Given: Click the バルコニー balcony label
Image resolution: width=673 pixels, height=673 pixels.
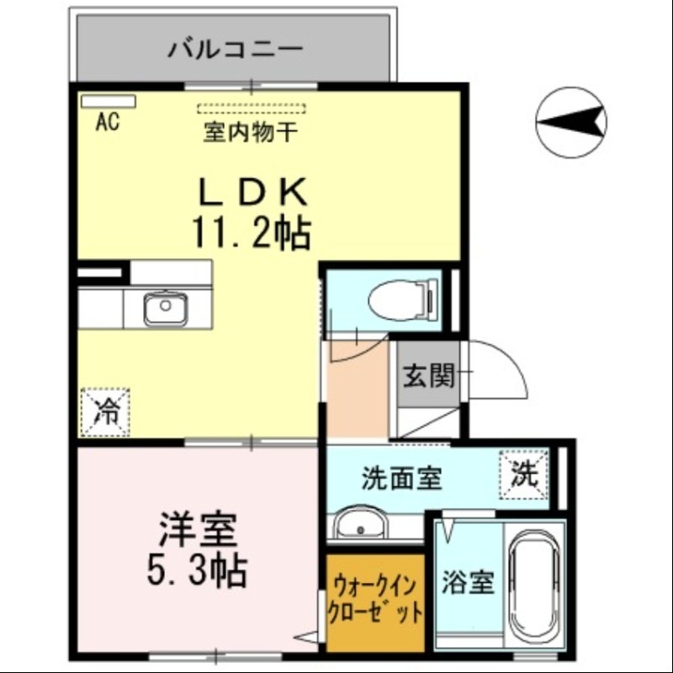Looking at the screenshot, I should (x=235, y=48).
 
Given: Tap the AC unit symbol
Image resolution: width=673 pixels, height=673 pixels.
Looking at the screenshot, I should (x=108, y=102).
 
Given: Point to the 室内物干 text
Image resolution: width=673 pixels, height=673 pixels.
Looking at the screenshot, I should (x=251, y=132).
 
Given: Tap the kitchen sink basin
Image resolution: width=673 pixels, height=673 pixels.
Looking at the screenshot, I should (x=165, y=309).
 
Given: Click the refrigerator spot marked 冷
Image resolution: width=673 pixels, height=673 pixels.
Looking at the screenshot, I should (x=106, y=411).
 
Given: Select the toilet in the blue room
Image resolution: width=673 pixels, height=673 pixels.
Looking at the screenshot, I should (x=402, y=299).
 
